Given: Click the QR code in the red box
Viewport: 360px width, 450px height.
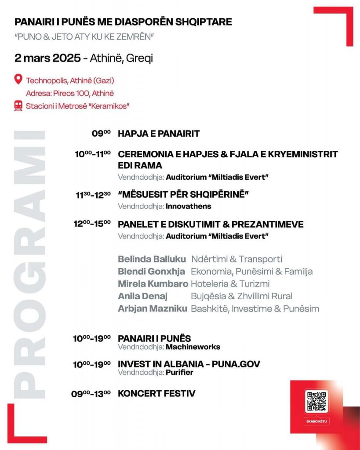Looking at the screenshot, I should [316, 401].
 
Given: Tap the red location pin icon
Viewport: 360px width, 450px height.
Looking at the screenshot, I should [18, 80].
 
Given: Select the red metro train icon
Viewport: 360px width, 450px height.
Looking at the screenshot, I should [18, 106].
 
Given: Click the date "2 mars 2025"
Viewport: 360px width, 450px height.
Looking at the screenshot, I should [47, 58].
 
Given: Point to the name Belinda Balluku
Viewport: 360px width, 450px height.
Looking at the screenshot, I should [152, 259].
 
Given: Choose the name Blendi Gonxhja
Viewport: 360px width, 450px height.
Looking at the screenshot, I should [151, 271].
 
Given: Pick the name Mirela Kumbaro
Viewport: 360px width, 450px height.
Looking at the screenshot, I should [153, 283].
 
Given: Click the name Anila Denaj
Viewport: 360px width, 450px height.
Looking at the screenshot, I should [142, 296].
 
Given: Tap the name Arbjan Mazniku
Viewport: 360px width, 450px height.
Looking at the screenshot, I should [153, 308].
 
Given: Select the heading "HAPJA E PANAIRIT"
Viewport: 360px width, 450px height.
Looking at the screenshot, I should [159, 134].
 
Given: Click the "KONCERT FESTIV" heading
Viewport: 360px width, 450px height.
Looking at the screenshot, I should [156, 393].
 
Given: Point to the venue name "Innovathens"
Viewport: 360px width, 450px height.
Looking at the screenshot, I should [188, 206].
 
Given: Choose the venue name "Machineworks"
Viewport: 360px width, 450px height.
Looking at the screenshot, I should [193, 347].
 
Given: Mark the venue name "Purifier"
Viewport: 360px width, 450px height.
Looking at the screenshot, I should [179, 373].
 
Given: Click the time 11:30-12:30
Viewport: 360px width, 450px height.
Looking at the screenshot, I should [93, 195].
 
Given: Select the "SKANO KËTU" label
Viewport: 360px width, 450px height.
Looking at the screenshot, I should [316, 421].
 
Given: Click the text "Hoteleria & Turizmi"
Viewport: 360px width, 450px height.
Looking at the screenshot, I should [230, 283].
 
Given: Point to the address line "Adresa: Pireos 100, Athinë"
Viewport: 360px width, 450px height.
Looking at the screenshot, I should [70, 93].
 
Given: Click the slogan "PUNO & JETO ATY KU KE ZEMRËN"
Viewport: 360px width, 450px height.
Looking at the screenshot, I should [84, 37].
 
